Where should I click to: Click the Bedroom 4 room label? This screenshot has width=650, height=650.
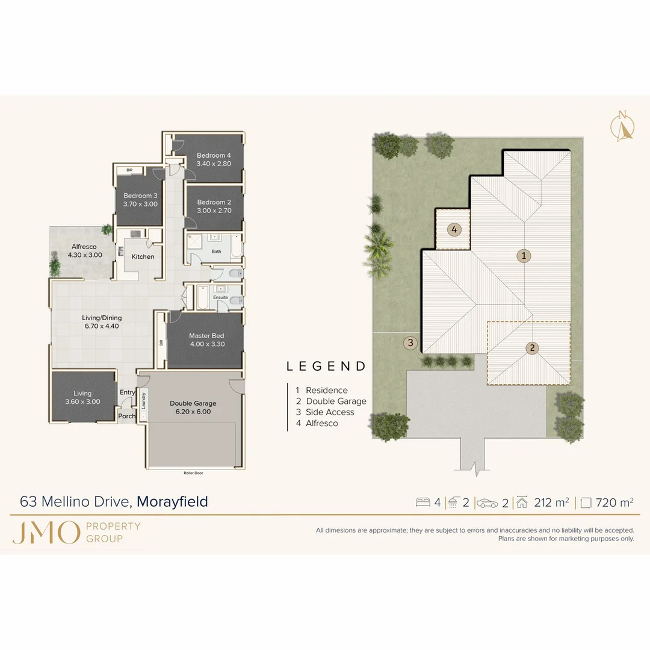(x=214, y=155)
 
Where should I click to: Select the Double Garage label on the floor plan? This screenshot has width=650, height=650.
(x=193, y=403)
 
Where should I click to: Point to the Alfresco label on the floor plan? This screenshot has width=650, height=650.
(x=84, y=246)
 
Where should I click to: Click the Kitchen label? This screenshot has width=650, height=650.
(x=143, y=256)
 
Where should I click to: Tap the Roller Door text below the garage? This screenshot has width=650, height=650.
(x=193, y=473)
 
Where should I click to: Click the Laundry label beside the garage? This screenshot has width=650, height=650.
(x=144, y=400)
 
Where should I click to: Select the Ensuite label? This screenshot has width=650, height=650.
(x=220, y=297)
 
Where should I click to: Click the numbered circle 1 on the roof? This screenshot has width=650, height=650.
(x=524, y=256)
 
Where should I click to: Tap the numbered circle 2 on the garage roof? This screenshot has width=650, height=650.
(x=532, y=347)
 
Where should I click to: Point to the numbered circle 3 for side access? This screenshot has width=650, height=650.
(x=410, y=343)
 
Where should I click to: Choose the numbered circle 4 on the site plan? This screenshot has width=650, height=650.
(x=454, y=229)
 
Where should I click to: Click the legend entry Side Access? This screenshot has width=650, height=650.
(x=330, y=412)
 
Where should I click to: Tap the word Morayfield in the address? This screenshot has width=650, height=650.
(x=173, y=501)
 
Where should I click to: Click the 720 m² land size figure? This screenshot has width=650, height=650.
(x=614, y=503)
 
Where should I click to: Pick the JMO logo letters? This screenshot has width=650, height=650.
(x=46, y=533)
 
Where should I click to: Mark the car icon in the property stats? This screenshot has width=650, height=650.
(x=487, y=503)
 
